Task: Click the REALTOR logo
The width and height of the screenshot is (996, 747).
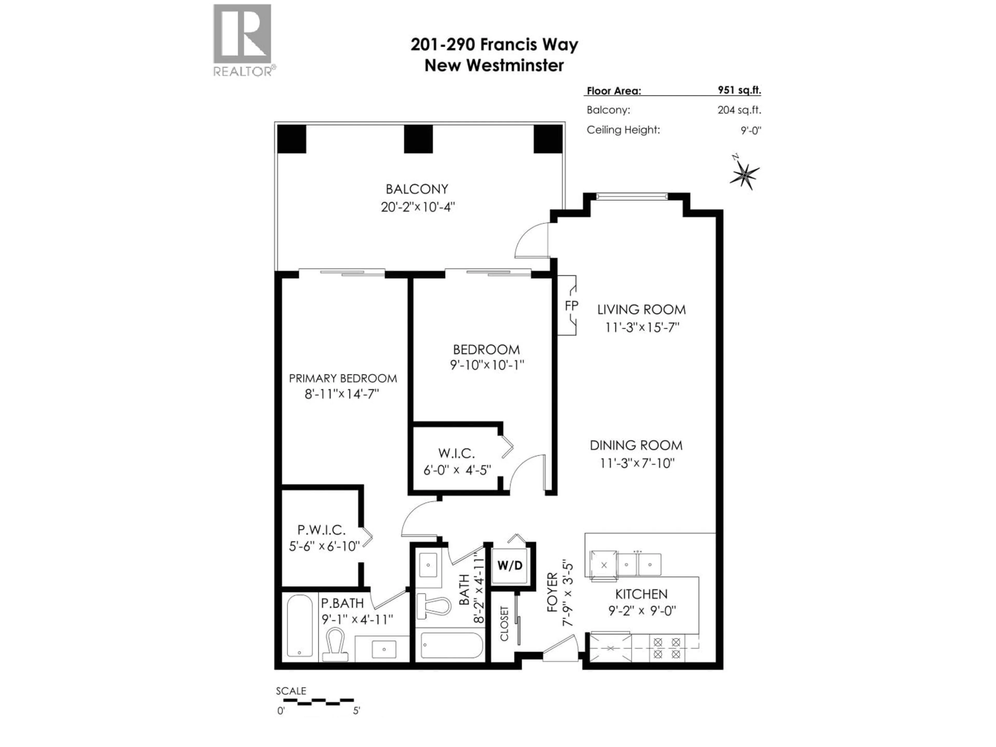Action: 243,40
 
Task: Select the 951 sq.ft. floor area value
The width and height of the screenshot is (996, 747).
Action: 739,90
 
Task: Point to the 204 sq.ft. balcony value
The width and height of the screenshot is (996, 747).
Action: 739,110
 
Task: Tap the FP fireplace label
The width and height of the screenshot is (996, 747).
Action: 571,306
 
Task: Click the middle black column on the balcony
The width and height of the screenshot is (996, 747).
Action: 418,139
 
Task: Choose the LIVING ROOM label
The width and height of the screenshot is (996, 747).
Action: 641,310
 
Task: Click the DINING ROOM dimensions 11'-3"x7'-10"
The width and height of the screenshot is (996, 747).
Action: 637,463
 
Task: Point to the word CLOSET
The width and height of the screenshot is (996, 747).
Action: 504,624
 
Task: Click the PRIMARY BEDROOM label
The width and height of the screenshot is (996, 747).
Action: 343,378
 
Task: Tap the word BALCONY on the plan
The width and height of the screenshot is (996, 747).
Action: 417,189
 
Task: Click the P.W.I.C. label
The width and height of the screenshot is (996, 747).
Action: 321,530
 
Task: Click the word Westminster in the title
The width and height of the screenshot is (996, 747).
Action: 515,66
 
